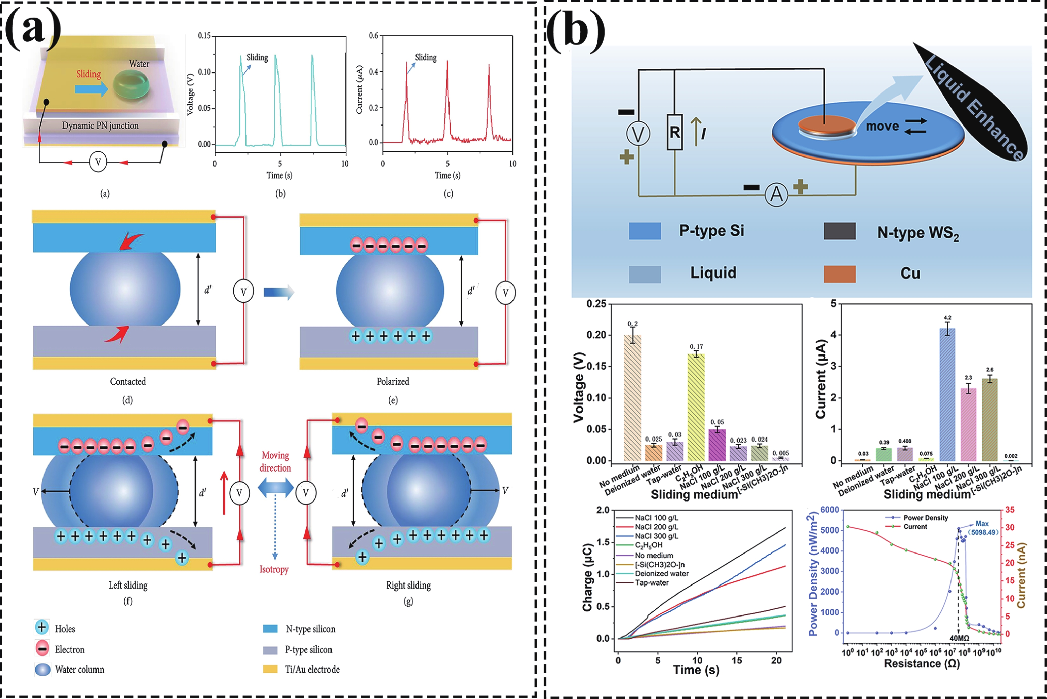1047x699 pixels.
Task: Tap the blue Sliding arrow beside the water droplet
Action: coord(91,89)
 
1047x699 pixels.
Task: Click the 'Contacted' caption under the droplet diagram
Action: coord(128,382)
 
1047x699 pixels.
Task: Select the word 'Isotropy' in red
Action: coord(274,569)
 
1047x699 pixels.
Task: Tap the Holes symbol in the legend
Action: coord(42,628)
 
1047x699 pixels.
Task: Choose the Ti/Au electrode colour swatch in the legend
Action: coord(270,669)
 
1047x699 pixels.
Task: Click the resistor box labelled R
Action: coord(674,132)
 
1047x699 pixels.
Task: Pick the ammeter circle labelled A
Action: coord(776,195)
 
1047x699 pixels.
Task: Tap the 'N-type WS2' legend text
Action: coord(918,233)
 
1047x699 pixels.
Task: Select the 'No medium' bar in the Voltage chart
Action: coord(632,398)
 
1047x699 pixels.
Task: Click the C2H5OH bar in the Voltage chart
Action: coord(696,407)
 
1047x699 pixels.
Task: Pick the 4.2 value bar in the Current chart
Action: coord(947,394)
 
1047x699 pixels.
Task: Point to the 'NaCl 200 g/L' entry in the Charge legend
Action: coord(656,527)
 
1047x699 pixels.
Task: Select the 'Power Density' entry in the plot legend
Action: coord(925,518)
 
